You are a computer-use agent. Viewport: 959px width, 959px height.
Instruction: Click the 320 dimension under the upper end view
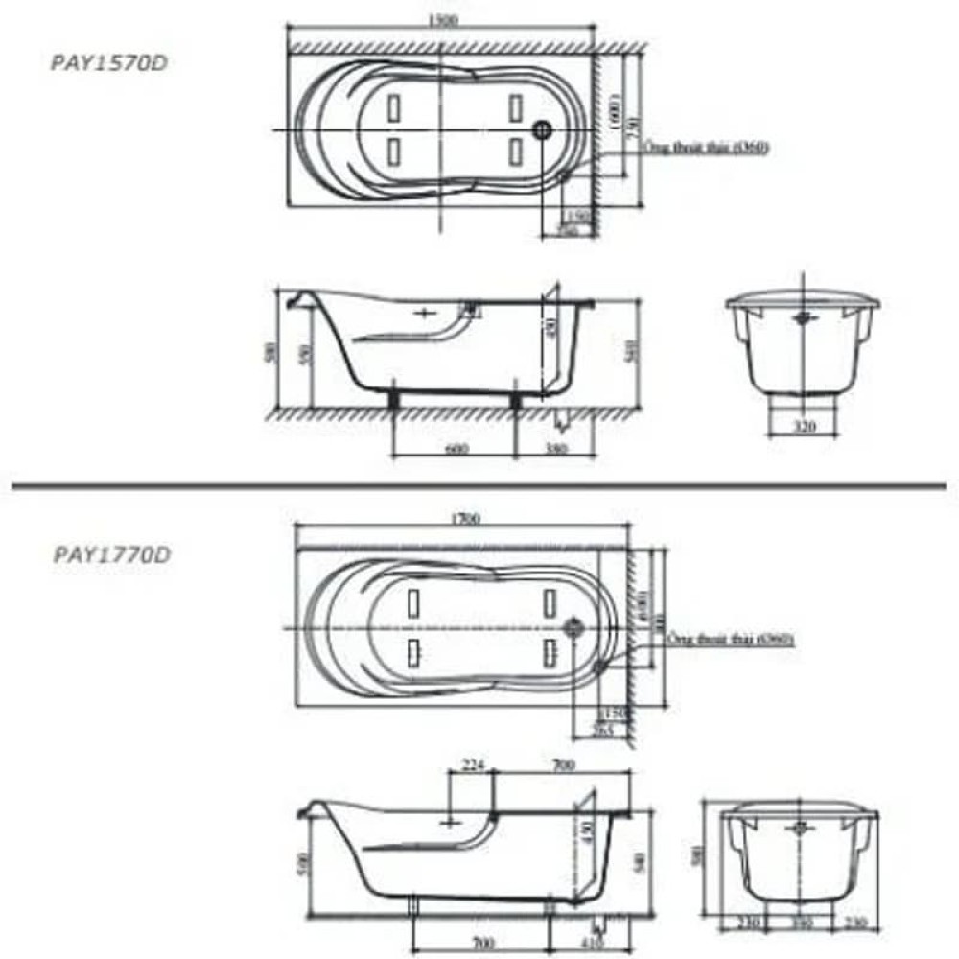806,427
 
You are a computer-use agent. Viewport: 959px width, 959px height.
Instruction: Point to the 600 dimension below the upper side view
456,448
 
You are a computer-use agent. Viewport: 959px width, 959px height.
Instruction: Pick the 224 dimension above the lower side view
473,764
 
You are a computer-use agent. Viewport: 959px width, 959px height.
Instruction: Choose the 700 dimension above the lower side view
563,764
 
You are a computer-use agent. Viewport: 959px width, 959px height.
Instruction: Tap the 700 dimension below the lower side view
479,945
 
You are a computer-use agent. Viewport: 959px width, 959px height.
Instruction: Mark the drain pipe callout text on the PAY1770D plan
732,639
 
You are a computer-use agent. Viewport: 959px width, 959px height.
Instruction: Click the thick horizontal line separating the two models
479,488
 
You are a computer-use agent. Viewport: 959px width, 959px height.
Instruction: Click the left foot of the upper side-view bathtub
393,396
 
